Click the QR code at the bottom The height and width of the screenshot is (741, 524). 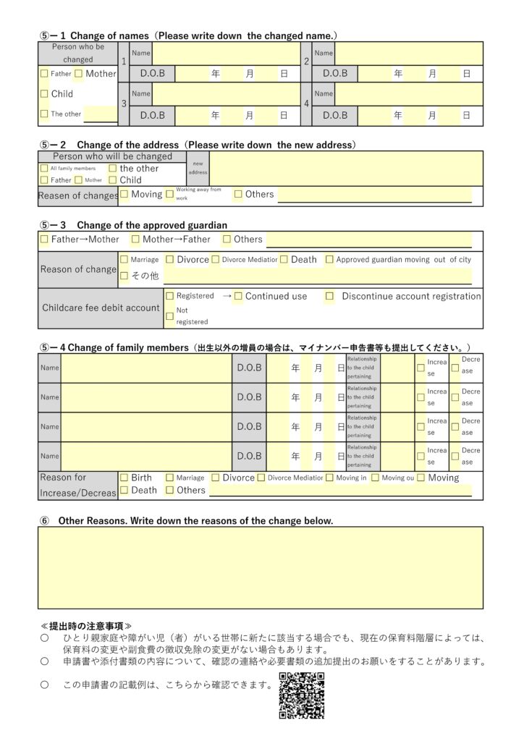click(x=301, y=696)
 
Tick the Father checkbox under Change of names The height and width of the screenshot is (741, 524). click(x=45, y=74)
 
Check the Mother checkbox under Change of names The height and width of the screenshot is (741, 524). click(x=78, y=74)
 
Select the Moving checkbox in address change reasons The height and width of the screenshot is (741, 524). click(x=124, y=194)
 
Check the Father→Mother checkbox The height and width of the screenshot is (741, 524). click(x=45, y=240)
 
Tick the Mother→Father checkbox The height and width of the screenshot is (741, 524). click(x=135, y=240)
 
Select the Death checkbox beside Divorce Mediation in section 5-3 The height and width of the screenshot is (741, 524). click(x=284, y=259)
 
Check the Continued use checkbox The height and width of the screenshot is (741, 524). click(x=238, y=296)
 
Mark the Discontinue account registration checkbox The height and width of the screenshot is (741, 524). click(x=329, y=296)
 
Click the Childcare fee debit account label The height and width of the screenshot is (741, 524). click(x=101, y=308)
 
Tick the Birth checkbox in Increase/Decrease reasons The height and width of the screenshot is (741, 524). click(x=124, y=478)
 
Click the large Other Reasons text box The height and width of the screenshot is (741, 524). click(x=261, y=567)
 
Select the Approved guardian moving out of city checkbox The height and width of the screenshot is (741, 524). click(x=329, y=259)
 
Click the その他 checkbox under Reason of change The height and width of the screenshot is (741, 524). click(x=124, y=276)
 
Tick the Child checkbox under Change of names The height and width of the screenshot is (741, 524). click(x=45, y=94)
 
